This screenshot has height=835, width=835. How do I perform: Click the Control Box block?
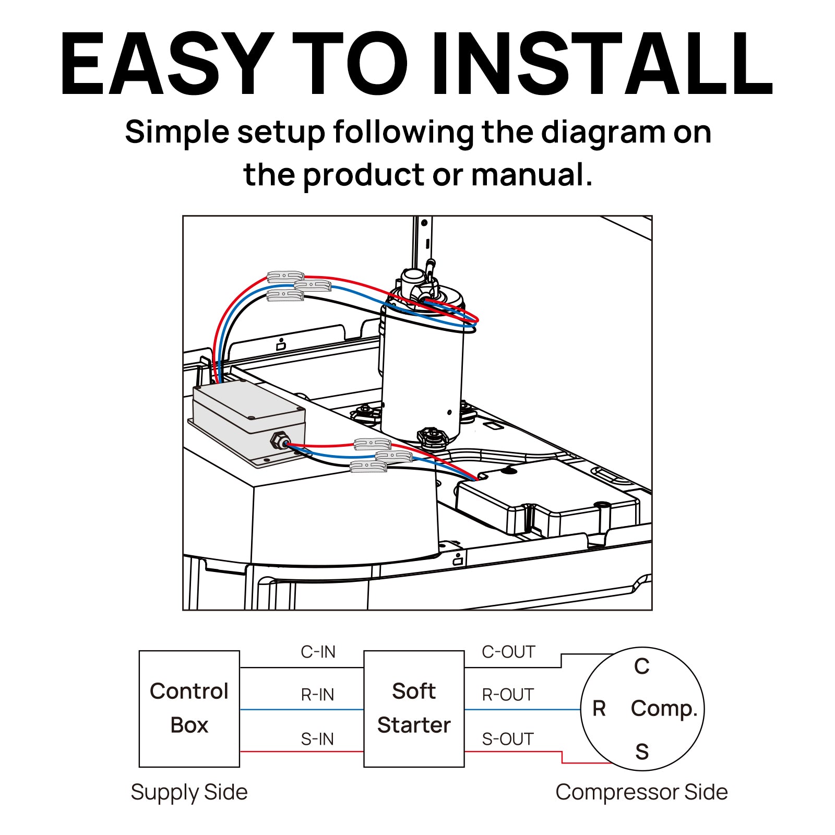coord(189,708)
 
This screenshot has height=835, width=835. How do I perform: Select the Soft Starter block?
coord(414,708)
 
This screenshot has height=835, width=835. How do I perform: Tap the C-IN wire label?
coord(318,652)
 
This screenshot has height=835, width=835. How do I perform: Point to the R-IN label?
coord(317,695)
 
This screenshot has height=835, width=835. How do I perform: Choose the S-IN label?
coord(317,739)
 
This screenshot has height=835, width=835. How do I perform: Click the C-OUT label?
coord(508,652)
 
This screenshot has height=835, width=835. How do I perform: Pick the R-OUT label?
coord(508,695)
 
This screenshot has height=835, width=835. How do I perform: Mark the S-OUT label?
coord(508,739)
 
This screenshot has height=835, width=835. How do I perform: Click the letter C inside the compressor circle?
coord(642,666)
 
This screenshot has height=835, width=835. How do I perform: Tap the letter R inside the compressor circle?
coord(599,709)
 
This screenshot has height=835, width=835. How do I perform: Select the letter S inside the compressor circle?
coord(642,752)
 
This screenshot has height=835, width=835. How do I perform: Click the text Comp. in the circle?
coord(664,709)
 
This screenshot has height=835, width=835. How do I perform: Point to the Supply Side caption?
coord(189,792)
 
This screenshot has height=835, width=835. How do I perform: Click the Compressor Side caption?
coord(641,792)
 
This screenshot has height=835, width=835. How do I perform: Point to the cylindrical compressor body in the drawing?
coord(422,376)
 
